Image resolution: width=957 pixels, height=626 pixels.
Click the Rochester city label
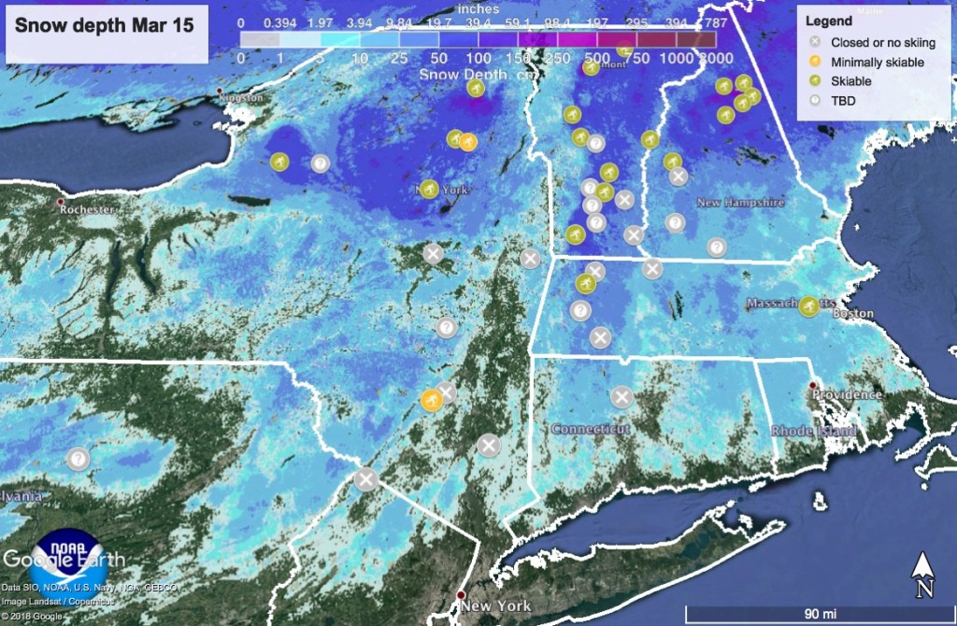[x=86, y=209]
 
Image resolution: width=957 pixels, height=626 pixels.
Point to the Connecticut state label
[x=590, y=429]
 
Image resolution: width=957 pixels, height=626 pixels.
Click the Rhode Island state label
[x=813, y=432]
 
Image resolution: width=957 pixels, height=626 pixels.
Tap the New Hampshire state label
[x=740, y=202]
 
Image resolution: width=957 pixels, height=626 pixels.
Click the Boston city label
[x=856, y=315]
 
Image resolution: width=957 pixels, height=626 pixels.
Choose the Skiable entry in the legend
[x=850, y=81]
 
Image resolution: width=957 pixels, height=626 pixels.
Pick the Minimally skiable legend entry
[x=877, y=62]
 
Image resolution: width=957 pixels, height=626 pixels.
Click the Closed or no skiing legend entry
[x=882, y=42]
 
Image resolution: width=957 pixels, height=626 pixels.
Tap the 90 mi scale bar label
[x=819, y=613]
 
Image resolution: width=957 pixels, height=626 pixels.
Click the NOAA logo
[x=64, y=557]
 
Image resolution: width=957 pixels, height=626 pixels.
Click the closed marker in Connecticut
[x=621, y=397]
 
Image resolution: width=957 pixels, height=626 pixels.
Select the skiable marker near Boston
[x=810, y=305]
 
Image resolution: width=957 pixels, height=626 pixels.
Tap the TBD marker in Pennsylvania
[x=78, y=459]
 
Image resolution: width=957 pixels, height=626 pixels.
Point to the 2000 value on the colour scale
[x=717, y=58]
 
